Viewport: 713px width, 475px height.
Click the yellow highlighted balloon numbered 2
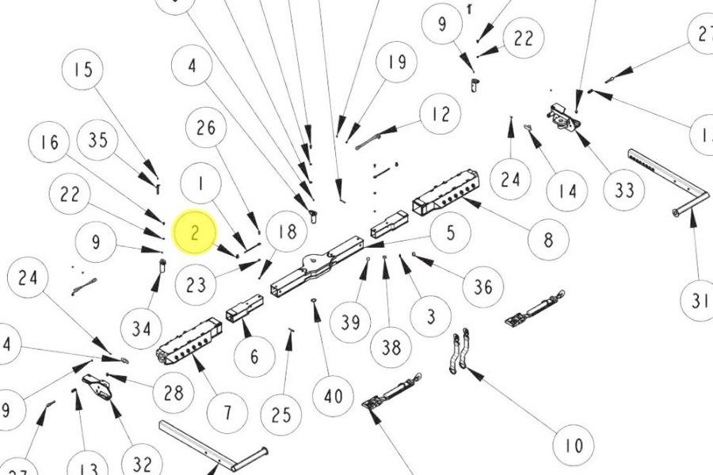tap(195, 232)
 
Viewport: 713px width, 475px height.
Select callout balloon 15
tap(83, 70)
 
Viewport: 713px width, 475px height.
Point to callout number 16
tap(50, 143)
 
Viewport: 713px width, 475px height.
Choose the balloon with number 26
tap(206, 127)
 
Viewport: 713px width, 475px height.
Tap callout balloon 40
tap(333, 393)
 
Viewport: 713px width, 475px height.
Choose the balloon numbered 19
tap(397, 63)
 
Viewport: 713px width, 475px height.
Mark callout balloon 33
tap(623, 190)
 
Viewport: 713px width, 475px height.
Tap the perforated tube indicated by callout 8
tap(446, 190)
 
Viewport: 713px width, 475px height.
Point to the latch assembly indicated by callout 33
tap(564, 120)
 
